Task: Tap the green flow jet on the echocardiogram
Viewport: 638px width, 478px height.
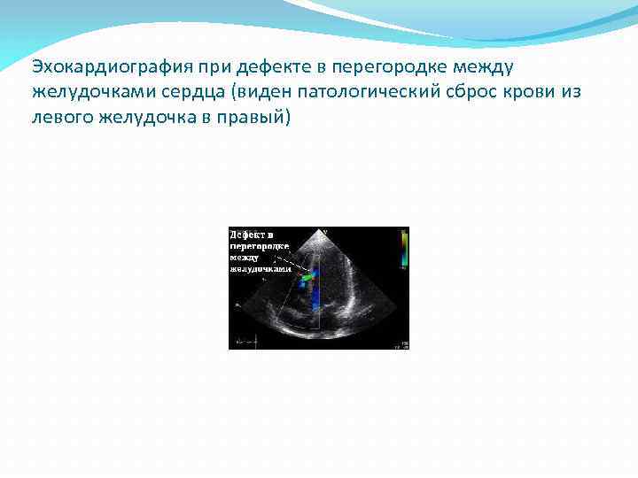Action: coord(307,276)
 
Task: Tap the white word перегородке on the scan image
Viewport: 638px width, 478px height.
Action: coord(259,245)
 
